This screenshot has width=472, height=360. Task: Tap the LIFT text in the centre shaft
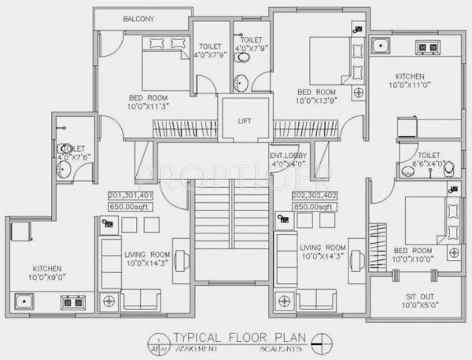[x=245, y=121]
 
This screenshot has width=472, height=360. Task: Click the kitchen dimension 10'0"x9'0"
[x=33, y=277]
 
